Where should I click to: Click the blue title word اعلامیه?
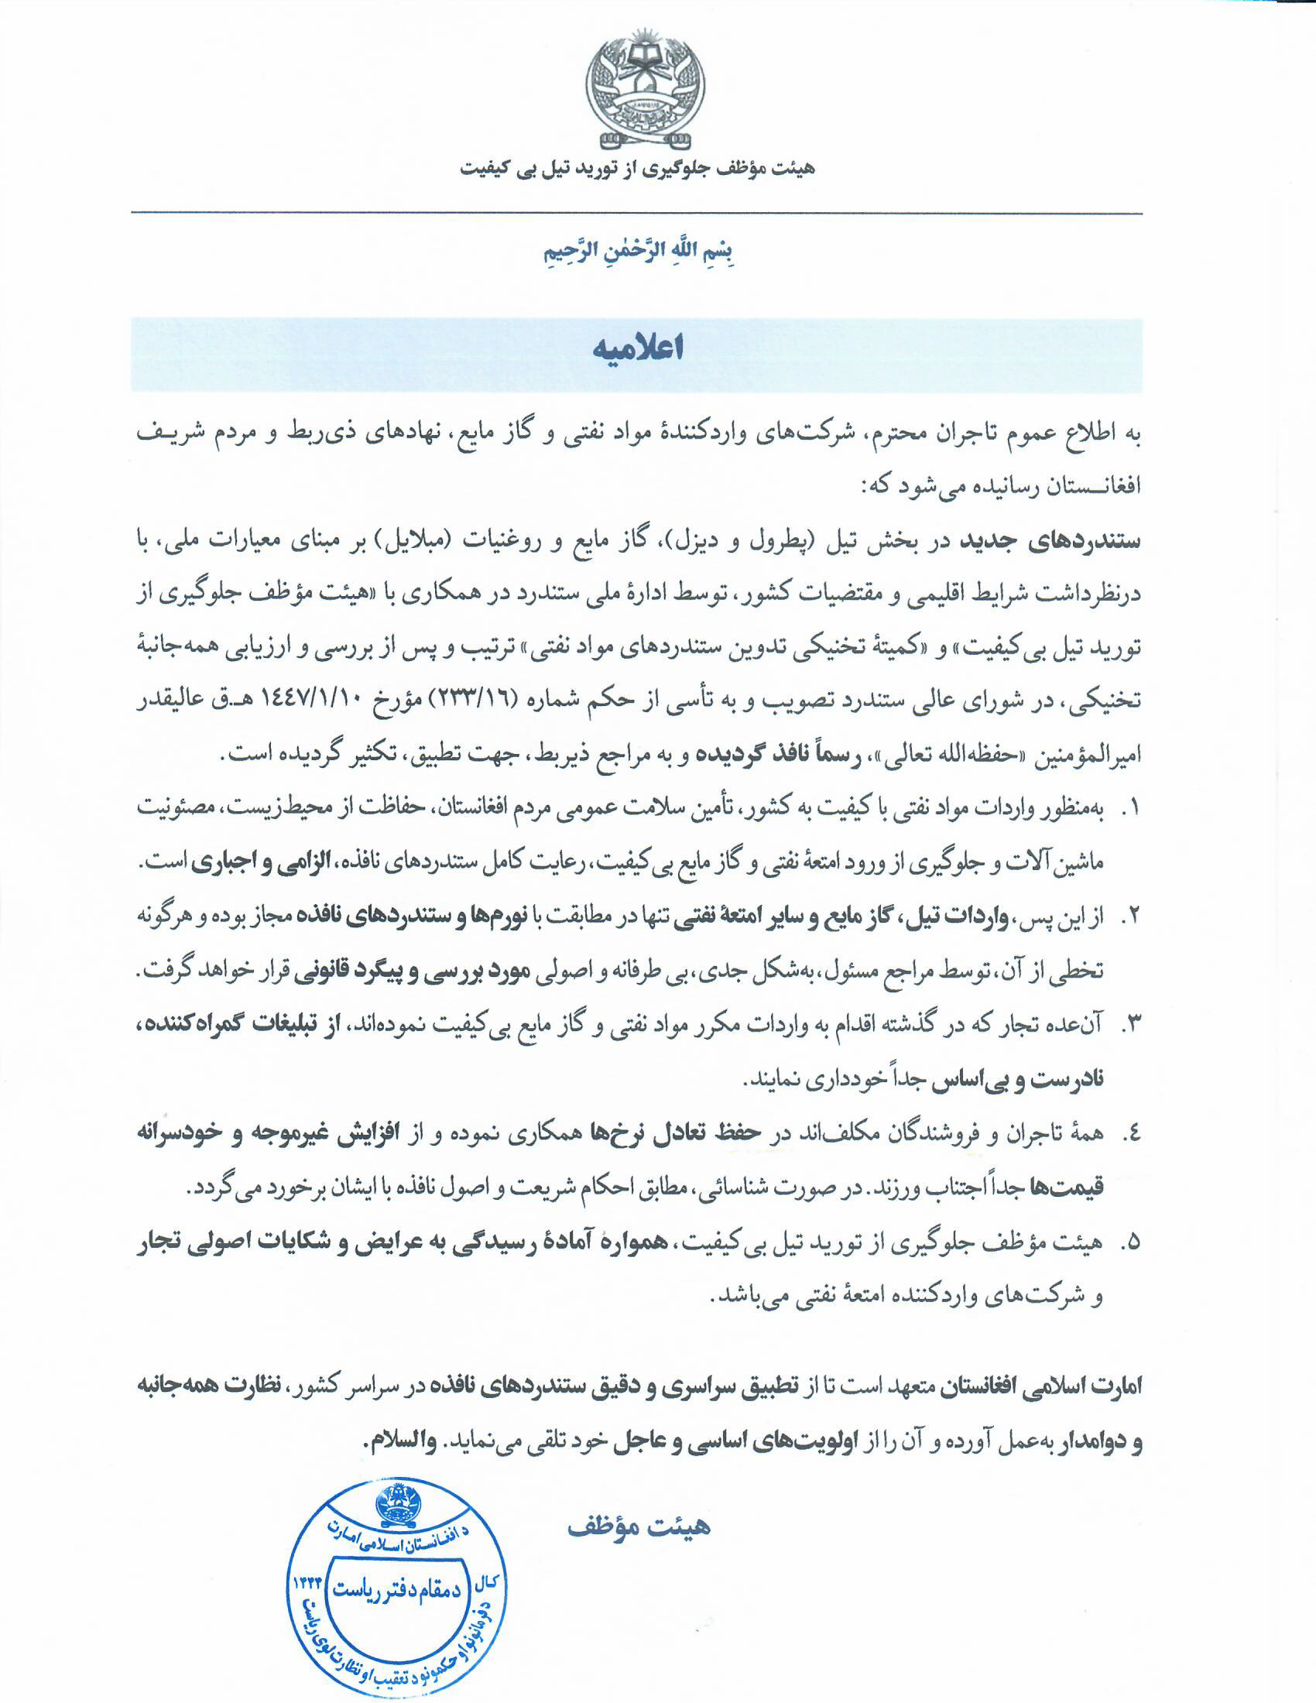[x=638, y=349]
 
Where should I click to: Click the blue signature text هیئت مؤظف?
[x=638, y=1525]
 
